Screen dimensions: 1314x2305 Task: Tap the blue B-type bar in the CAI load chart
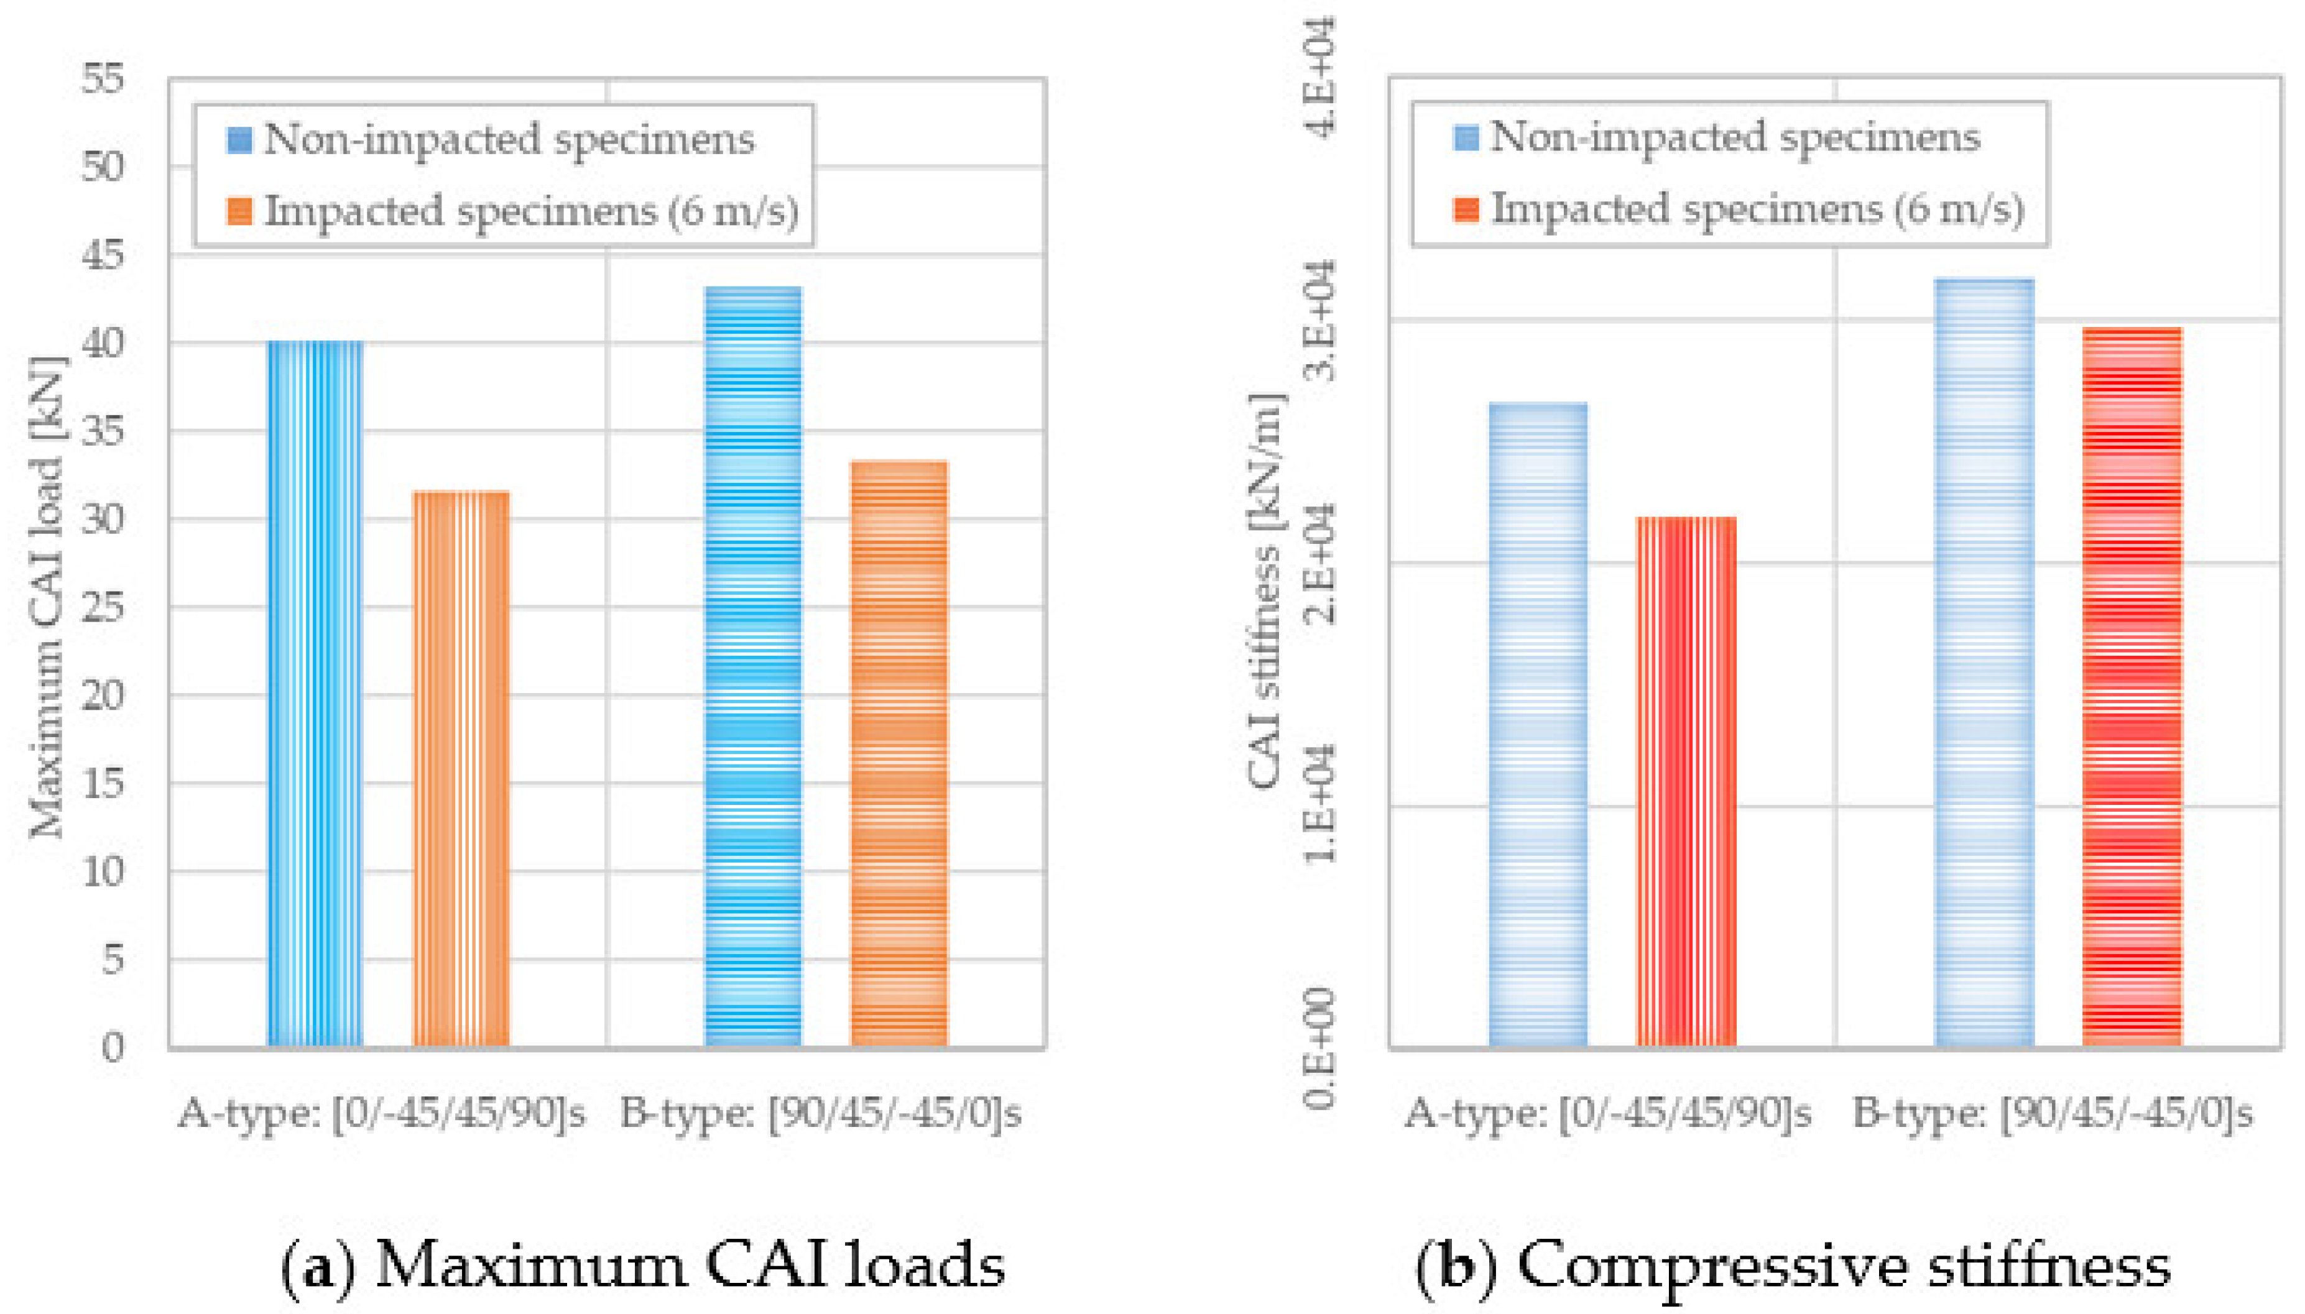pyautogui.click(x=753, y=668)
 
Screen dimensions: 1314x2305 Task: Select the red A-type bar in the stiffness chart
pyautogui.click(x=1686, y=781)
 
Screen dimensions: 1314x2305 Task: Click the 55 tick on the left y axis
pyautogui.click(x=103, y=80)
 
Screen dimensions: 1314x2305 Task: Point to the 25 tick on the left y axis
pyautogui.click(x=103, y=609)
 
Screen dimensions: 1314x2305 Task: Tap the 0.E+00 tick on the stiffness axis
pyautogui.click(x=1320, y=1047)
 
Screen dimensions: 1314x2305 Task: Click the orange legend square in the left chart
pyautogui.click(x=239, y=211)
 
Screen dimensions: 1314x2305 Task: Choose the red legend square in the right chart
pyautogui.click(x=1467, y=209)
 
